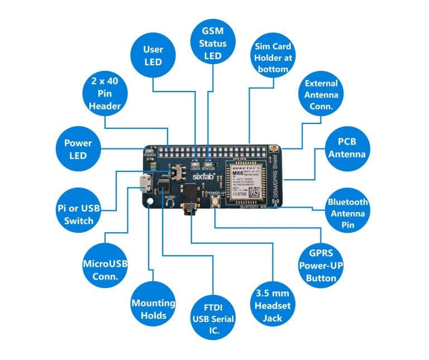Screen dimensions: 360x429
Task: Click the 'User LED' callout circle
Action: click(152, 56)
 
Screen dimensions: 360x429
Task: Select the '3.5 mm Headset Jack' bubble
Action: click(272, 305)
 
